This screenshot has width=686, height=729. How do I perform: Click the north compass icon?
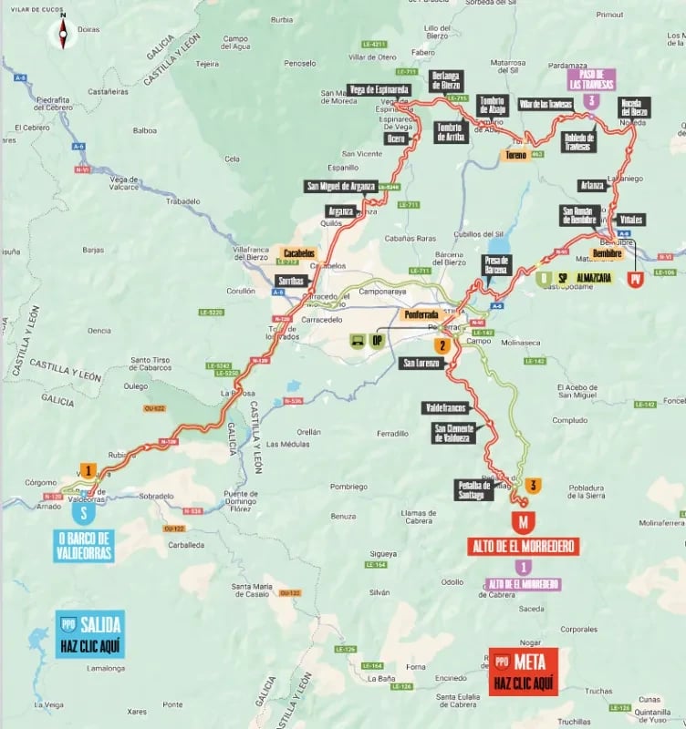[x=63, y=33]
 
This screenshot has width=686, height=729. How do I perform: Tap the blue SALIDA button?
[x=88, y=633]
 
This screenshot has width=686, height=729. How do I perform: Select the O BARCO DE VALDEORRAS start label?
[x=83, y=546]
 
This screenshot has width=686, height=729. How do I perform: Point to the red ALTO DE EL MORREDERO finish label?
[x=524, y=546]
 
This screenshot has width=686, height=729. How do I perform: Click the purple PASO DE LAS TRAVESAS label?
[x=591, y=79]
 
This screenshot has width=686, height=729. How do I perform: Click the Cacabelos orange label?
[x=299, y=252]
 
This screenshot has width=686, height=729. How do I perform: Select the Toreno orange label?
[x=515, y=156]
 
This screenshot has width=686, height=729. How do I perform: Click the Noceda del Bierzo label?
[x=635, y=108]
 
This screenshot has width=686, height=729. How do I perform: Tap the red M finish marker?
[x=524, y=523]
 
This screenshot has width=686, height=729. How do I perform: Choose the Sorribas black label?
[x=292, y=280]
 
